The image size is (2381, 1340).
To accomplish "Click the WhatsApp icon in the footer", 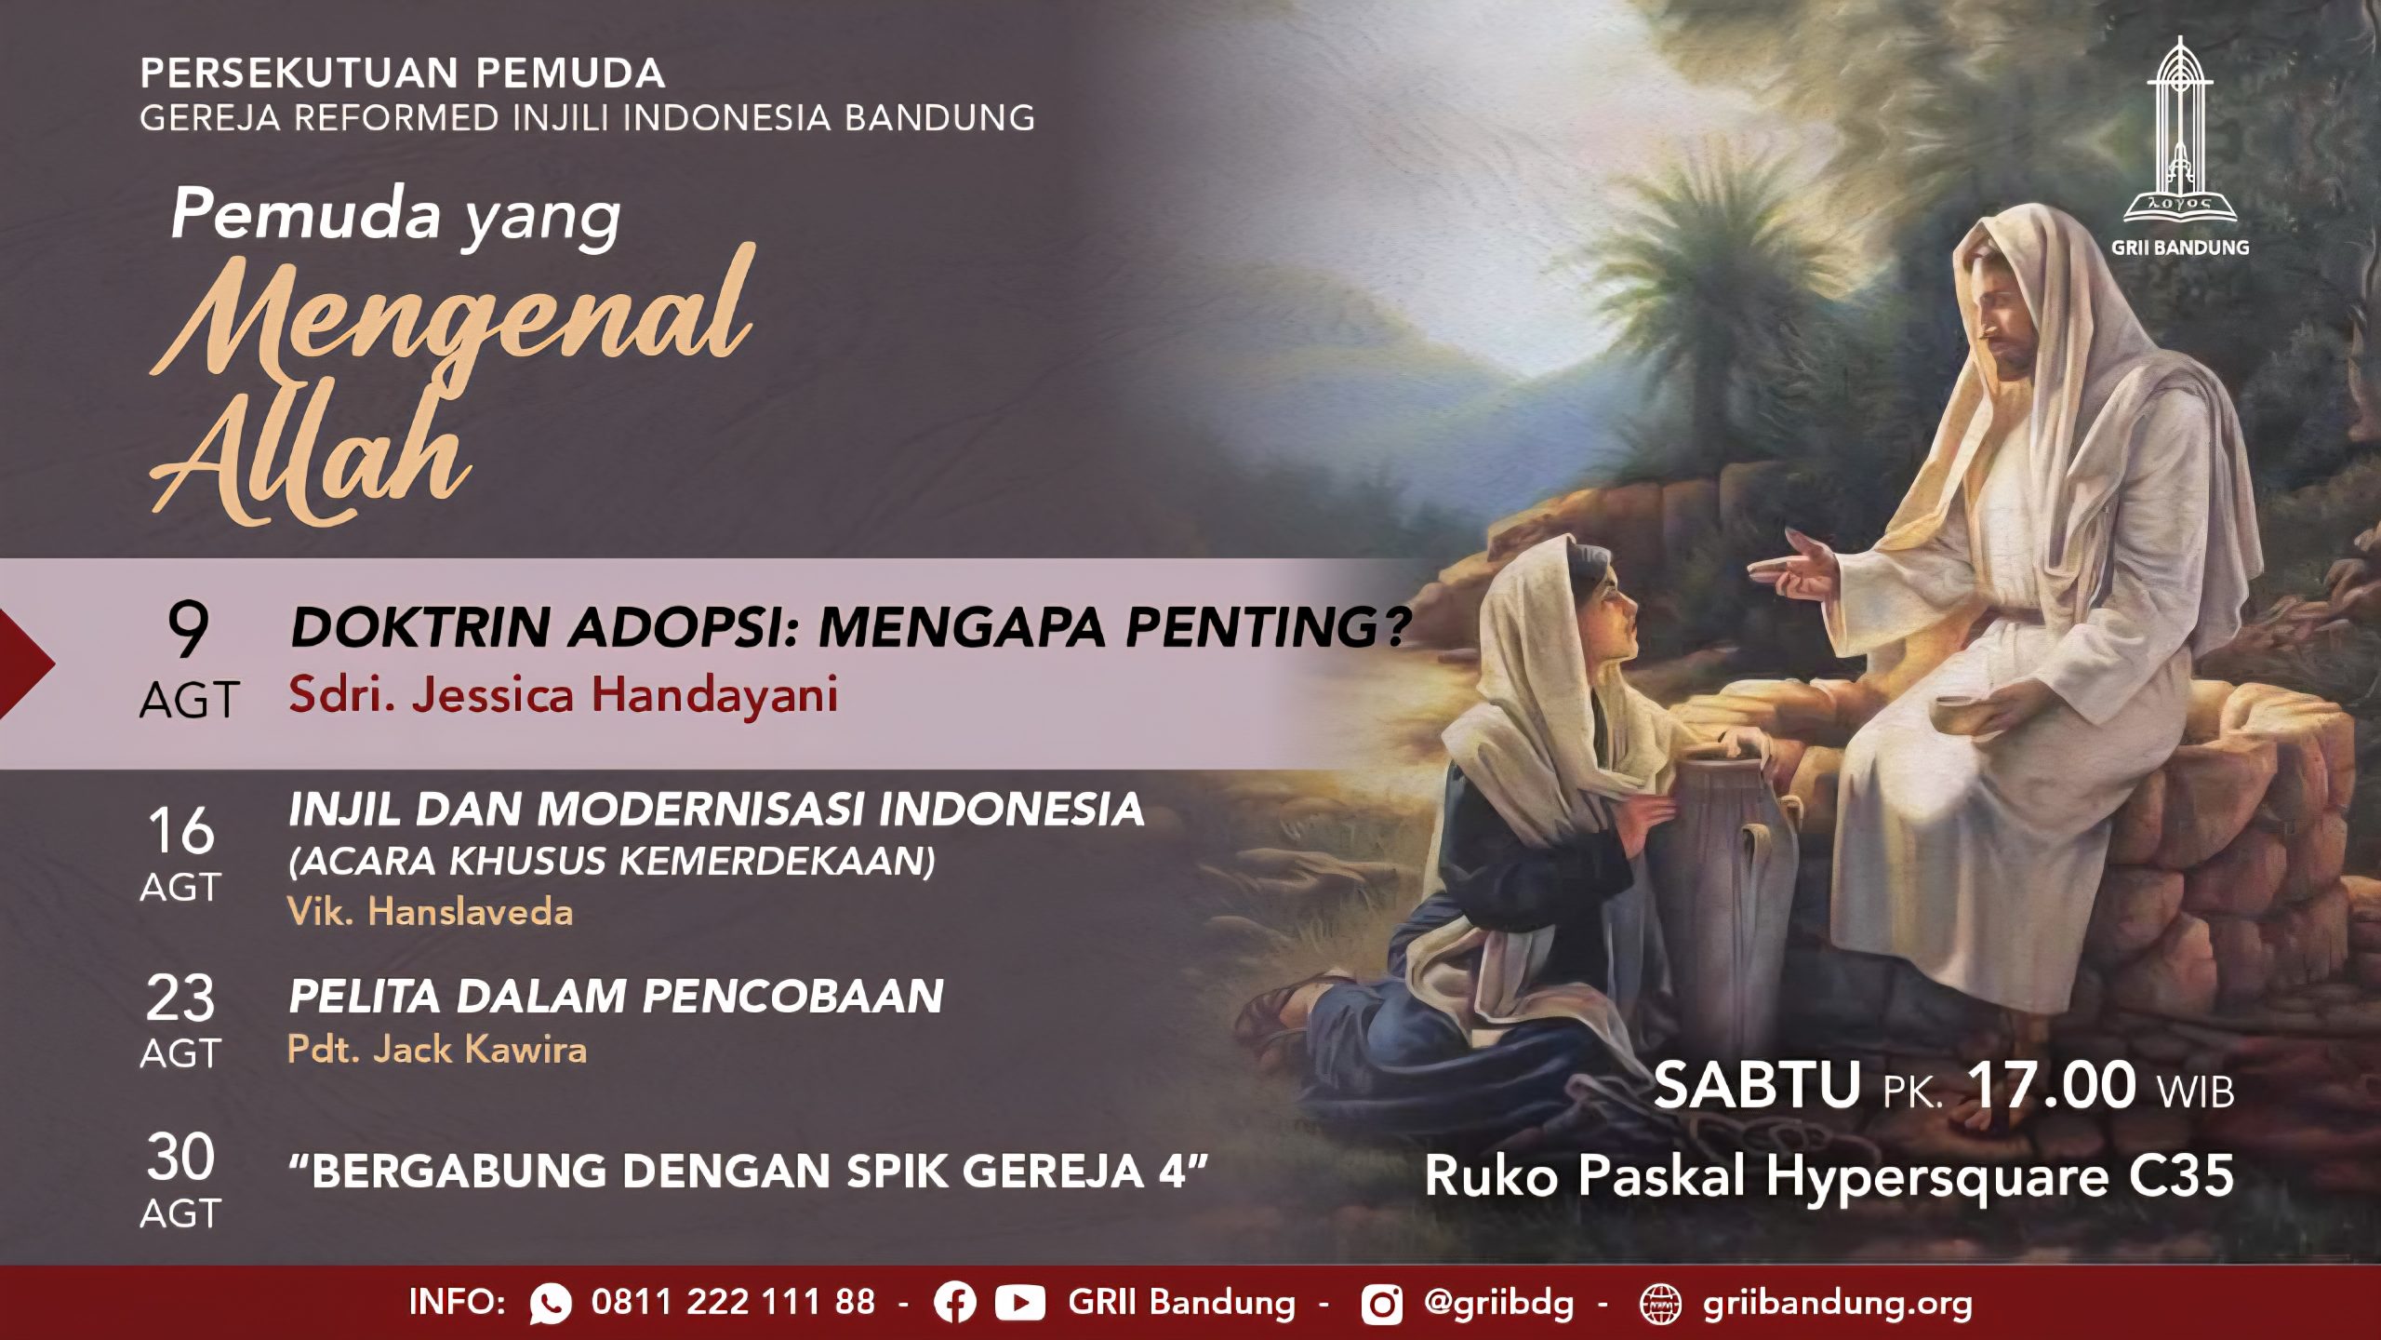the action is pos(551,1303).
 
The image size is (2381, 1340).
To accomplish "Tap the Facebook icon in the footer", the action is pos(955,1303).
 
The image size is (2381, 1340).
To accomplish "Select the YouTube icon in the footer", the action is pos(1019,1303).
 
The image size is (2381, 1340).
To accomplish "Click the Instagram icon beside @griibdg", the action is pos(1382,1304).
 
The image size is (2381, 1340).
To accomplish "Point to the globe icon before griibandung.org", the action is pos(1660,1304).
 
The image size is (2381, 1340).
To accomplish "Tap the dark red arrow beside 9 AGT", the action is pos(26,663).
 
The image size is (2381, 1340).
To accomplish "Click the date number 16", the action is pos(181,830).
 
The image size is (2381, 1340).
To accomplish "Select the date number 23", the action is pos(180,998).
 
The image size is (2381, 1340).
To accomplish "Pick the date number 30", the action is pos(180,1157).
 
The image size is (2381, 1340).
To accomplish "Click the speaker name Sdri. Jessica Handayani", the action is pos(564,695).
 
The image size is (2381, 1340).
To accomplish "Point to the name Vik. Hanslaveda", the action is pos(430,912).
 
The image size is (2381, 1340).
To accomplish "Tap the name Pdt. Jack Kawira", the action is pos(437,1050).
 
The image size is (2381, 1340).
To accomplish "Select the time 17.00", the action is pos(2051,1085).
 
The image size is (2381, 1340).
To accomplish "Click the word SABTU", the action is pos(1757,1085).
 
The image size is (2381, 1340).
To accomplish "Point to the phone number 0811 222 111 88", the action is pos(733,1302).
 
